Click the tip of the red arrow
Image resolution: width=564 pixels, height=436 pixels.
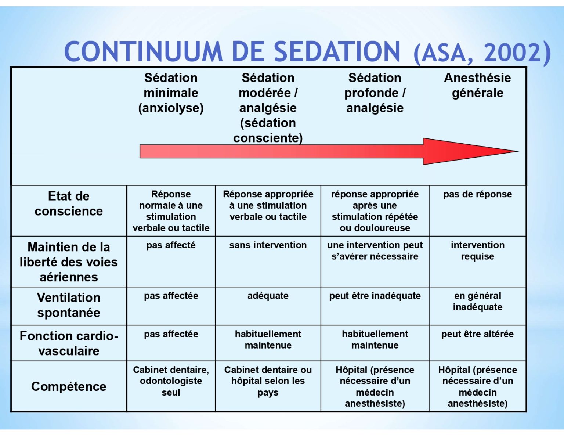[x=518, y=151]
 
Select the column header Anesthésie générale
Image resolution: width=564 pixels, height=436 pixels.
[x=477, y=85]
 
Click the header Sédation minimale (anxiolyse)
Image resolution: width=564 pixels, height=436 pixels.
[x=171, y=93]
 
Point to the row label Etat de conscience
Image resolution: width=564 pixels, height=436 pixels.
[x=69, y=203]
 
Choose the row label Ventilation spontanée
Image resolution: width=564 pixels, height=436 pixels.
[x=69, y=305]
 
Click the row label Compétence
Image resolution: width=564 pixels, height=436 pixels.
[x=69, y=386]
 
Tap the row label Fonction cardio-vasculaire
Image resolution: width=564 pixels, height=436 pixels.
[x=69, y=343]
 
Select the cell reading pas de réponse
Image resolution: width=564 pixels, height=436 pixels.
[x=478, y=194]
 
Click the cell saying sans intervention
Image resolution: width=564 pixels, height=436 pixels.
[x=268, y=245]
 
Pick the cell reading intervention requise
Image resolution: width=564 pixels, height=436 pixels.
[x=478, y=251]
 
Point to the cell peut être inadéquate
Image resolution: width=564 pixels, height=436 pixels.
[x=375, y=296]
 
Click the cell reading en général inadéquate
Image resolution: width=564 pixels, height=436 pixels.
[x=478, y=301]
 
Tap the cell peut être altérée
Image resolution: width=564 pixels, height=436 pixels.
[x=478, y=334]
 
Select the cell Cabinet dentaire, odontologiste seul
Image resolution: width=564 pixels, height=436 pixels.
[x=171, y=381]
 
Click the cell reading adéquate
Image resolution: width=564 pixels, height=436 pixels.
[x=268, y=296]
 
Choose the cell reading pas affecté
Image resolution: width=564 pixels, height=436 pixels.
[x=171, y=245]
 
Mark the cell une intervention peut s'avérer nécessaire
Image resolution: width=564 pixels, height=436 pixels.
[x=375, y=251]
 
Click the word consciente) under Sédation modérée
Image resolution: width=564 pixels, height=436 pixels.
[x=268, y=138]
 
